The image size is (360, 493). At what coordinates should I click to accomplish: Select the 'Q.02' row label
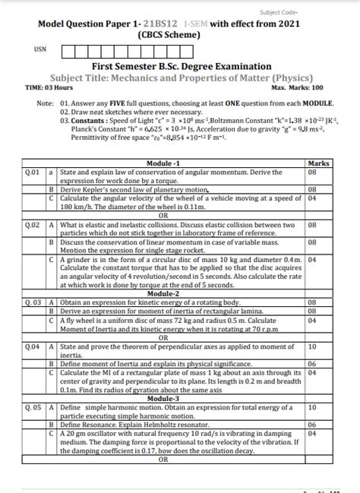33,226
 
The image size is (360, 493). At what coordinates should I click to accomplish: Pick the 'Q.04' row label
33,346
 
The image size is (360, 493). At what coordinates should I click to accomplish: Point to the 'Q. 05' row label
33,408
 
